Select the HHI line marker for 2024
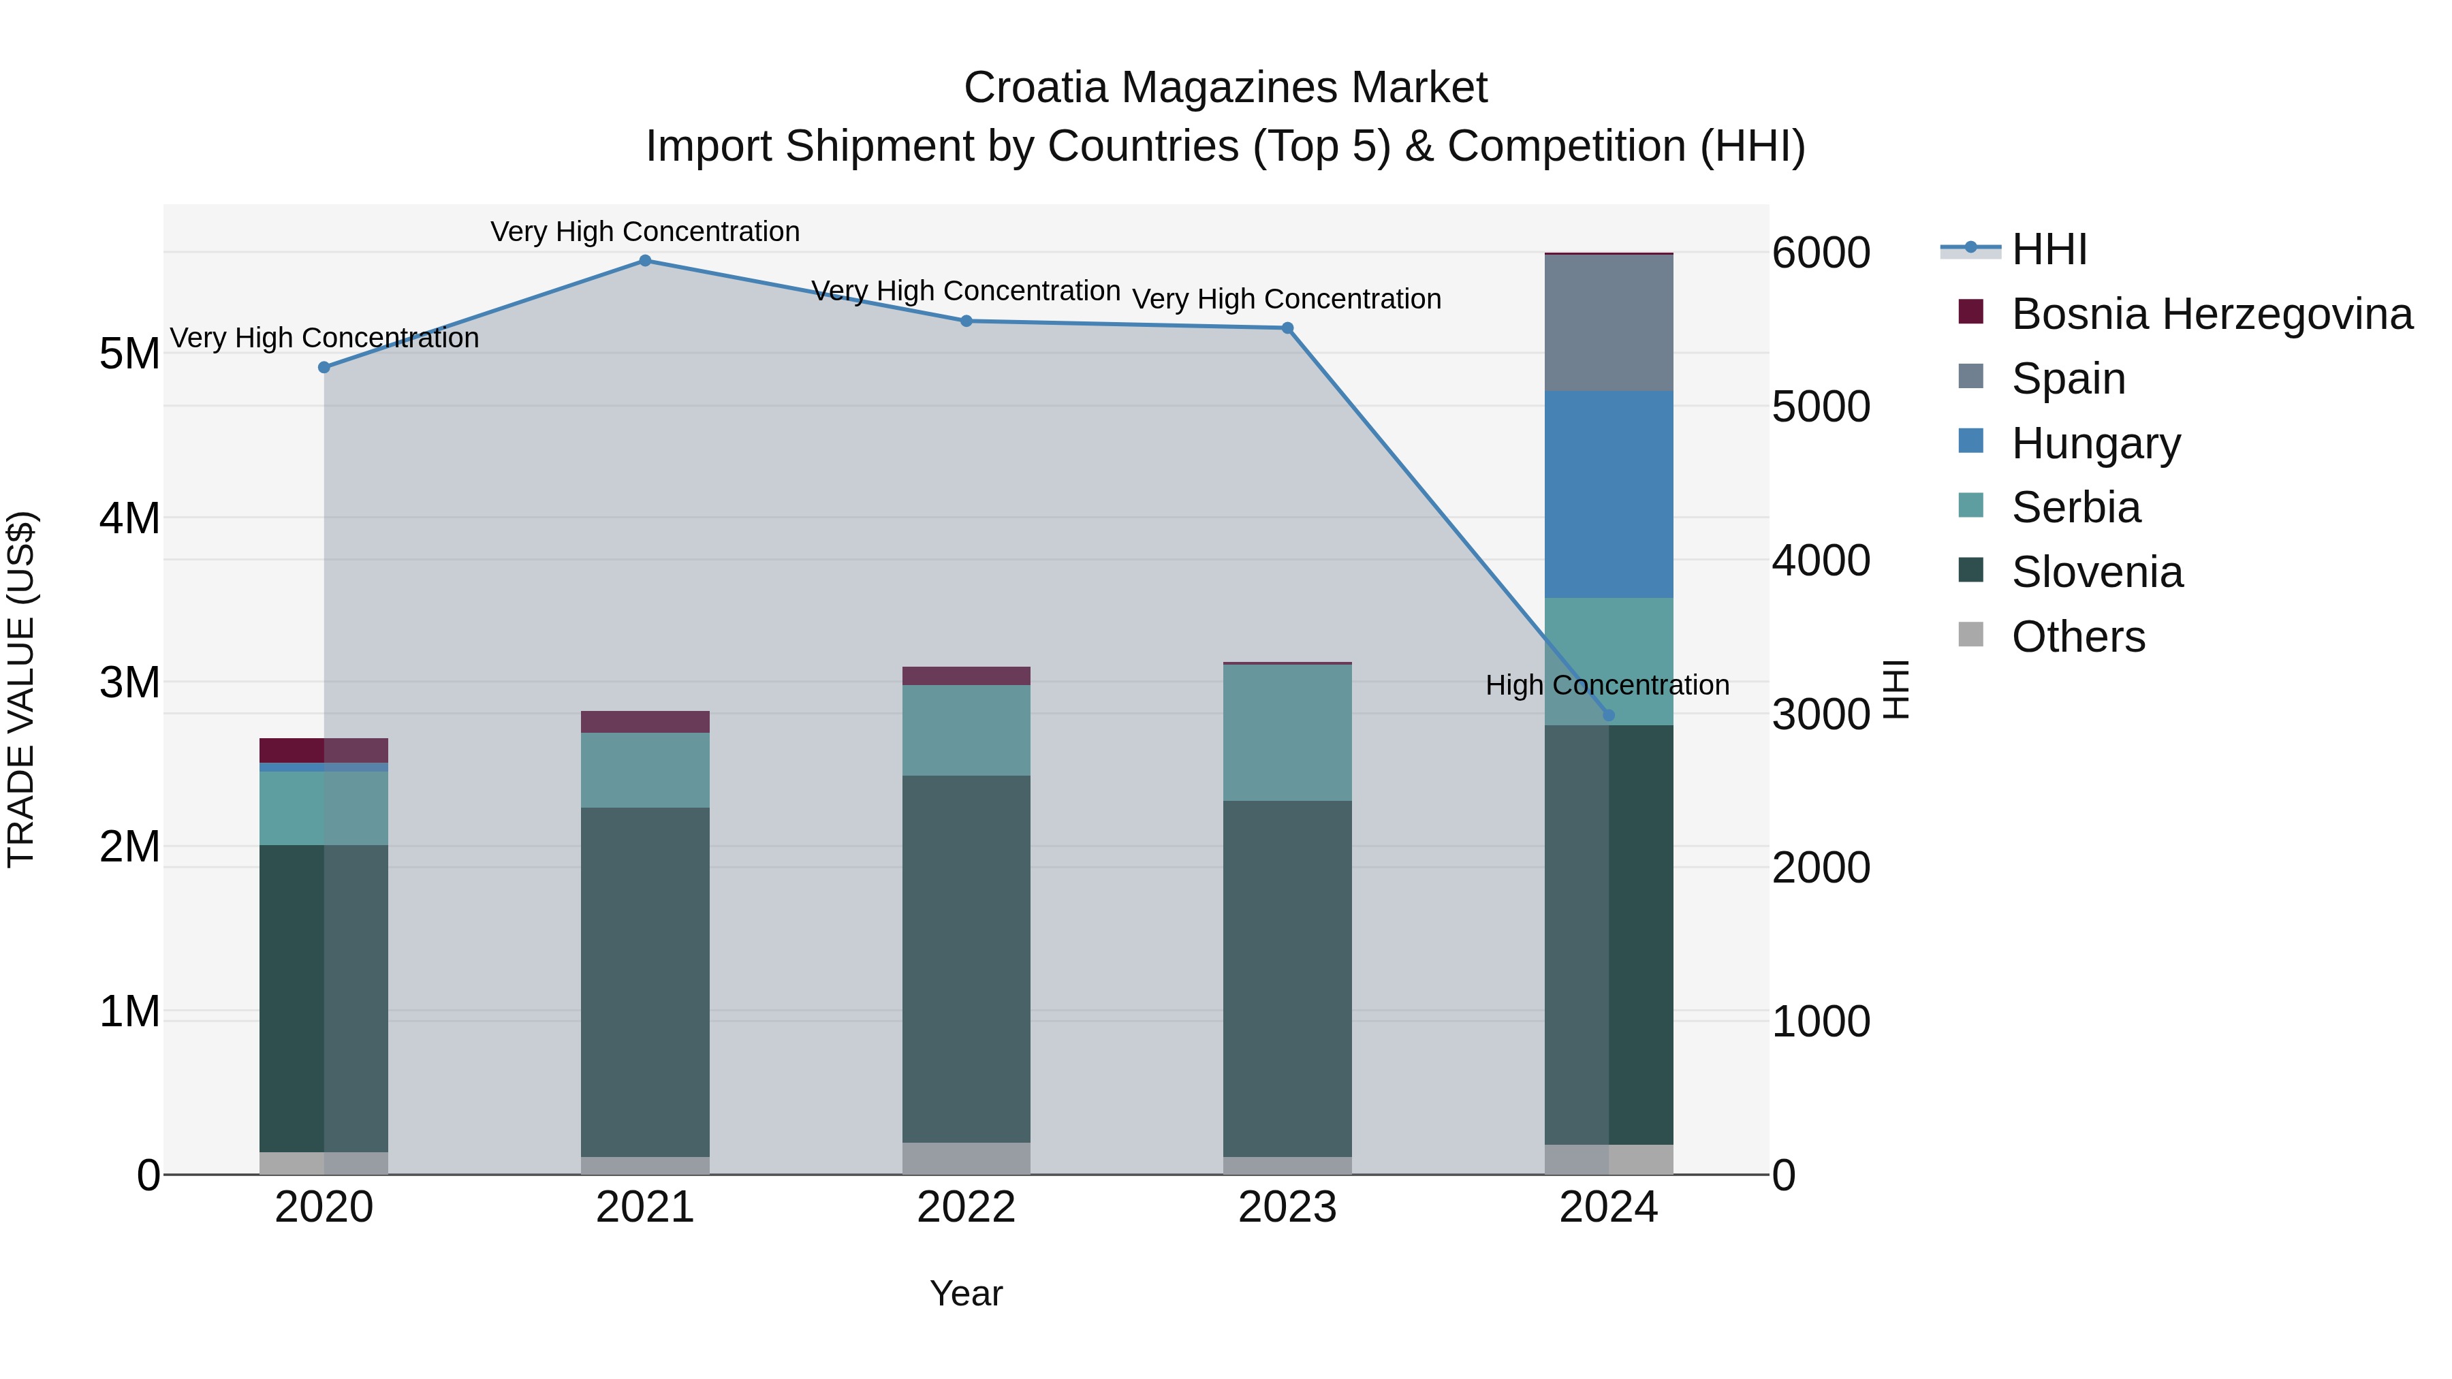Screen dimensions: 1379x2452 [1609, 716]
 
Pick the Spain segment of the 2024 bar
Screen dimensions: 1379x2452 [1609, 323]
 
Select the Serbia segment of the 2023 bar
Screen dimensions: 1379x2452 [1287, 733]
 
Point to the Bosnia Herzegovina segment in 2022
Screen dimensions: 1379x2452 [965, 676]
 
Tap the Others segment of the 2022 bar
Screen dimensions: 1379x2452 [965, 1158]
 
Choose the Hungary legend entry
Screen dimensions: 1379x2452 [2095, 443]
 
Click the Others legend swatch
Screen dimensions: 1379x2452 [1970, 635]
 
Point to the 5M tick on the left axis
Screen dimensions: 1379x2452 [129, 354]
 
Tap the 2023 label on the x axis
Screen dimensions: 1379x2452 [1287, 1207]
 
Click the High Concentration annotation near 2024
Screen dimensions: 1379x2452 [1607, 685]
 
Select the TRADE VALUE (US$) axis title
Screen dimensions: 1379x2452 [21, 689]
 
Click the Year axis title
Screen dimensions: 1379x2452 [965, 1293]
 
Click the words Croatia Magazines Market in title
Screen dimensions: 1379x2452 [1225, 88]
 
